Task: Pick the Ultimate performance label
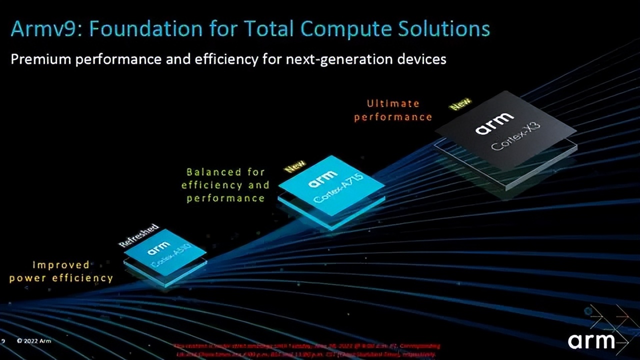click(393, 110)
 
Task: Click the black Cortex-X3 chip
click(505, 135)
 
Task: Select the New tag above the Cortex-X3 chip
click(460, 104)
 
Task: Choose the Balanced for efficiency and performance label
click(225, 185)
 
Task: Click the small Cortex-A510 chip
click(165, 252)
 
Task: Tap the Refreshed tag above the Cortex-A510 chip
click(138, 235)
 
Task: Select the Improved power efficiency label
click(61, 271)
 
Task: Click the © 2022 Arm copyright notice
click(33, 341)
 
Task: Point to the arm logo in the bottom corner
click(591, 341)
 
